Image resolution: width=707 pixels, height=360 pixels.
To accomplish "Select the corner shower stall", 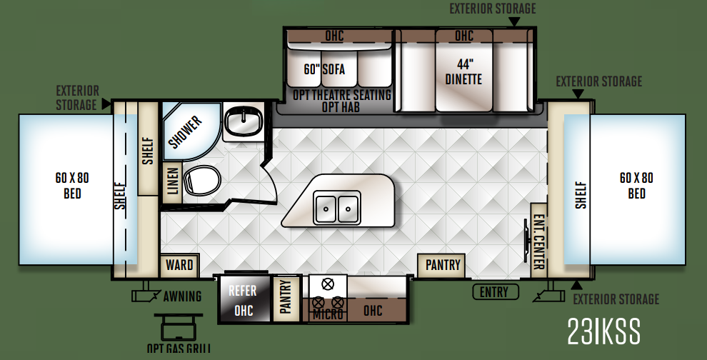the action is coord(190,131).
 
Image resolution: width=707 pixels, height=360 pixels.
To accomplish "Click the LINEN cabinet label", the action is coord(173,181).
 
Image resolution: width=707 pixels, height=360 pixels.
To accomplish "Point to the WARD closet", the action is coord(179,265).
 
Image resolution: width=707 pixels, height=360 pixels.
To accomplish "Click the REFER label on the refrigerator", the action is coord(243,291).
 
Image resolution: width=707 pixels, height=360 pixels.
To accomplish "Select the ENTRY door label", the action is coord(495,292).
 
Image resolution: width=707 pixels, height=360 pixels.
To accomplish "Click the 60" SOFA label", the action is coord(324,69).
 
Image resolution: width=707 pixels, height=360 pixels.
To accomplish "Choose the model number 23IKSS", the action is coord(603,331).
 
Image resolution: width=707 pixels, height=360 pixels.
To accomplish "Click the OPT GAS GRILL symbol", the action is coord(179,328).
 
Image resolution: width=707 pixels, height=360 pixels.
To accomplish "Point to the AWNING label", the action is coord(182,296).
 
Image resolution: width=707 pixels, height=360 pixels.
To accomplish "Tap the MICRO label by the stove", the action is coord(328,314).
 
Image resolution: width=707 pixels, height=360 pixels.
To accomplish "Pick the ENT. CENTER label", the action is coord(538,242).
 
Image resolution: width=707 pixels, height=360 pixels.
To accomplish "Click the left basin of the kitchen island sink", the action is coord(326,209).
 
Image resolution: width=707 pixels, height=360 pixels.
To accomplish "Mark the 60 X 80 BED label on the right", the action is coord(636,186).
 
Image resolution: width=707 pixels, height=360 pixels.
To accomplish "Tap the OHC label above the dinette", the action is coord(464,36).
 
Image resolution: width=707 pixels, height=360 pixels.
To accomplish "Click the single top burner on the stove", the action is coord(327,284).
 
